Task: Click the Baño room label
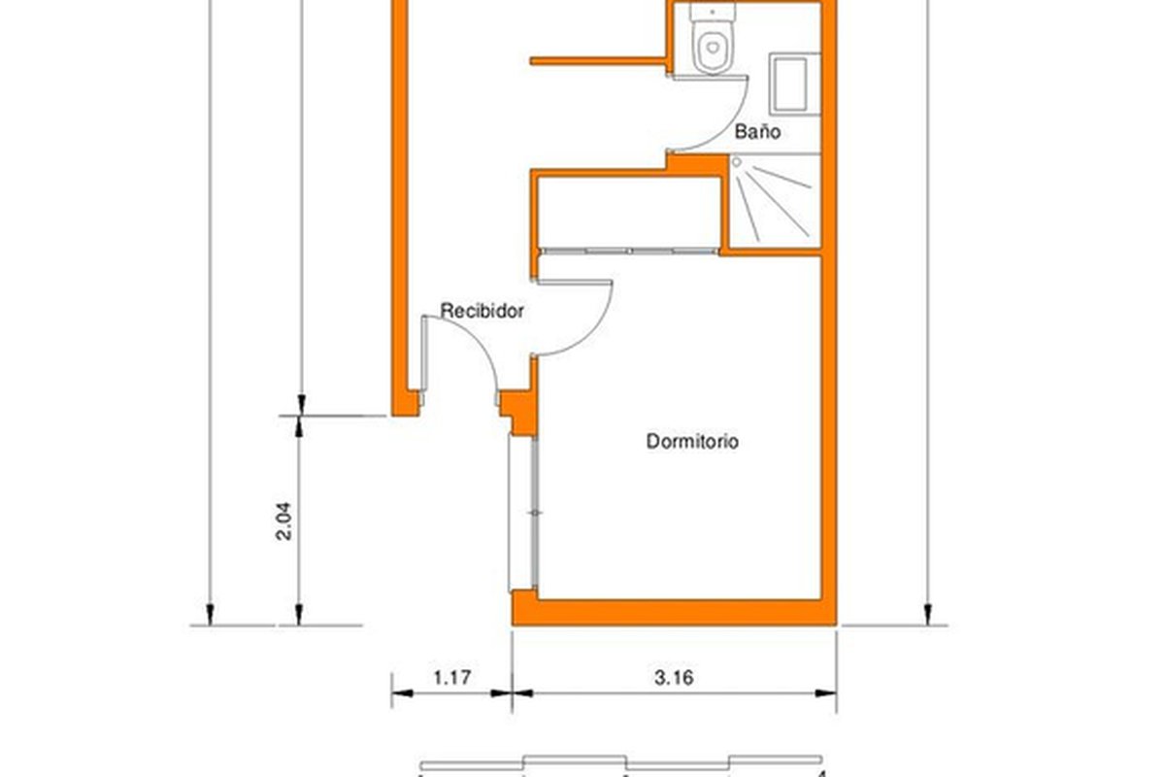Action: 757,131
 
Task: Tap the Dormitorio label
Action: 691,441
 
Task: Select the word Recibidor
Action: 482,311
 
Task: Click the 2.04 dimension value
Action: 283,521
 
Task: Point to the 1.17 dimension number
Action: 452,678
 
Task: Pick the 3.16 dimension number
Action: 674,678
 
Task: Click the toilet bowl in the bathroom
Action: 713,48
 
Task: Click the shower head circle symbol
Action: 737,162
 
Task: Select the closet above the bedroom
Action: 629,213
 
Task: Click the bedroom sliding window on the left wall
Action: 522,514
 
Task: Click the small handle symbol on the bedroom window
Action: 535,513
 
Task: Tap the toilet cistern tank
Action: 713,12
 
